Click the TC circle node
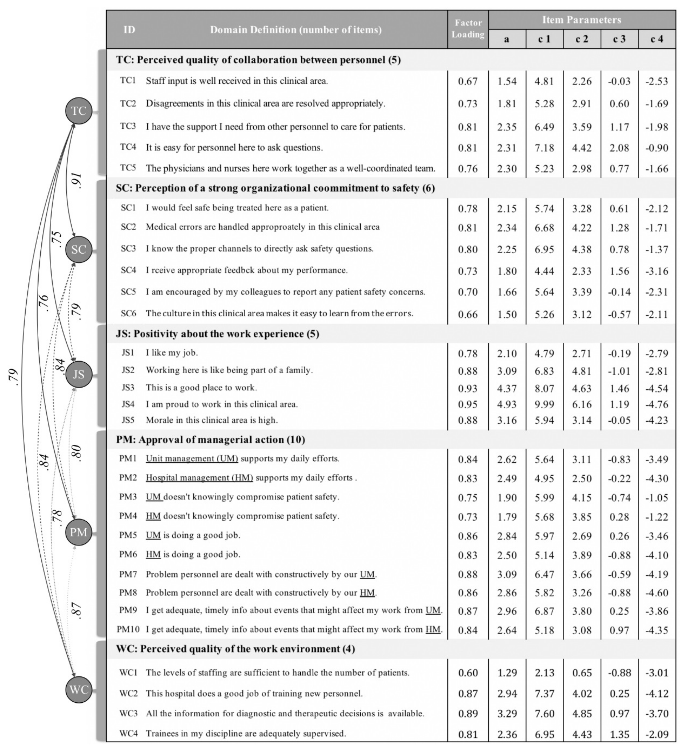pyautogui.click(x=79, y=111)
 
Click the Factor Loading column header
pyautogui.click(x=468, y=29)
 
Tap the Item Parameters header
pyautogui.click(x=582, y=20)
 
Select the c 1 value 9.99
pyautogui.click(x=544, y=404)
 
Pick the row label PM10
pyautogui.click(x=128, y=630)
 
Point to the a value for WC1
pyautogui.click(x=507, y=673)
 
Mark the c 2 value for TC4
pyautogui.click(x=582, y=148)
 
